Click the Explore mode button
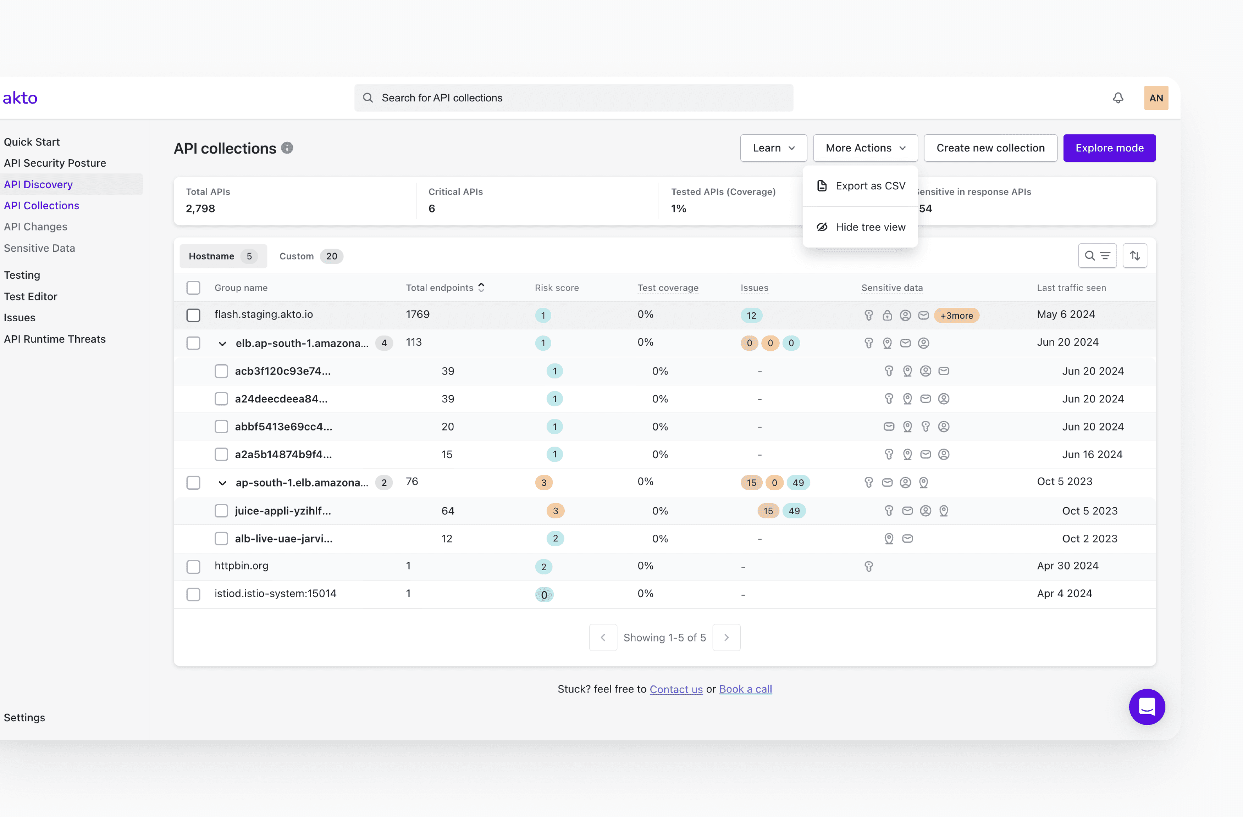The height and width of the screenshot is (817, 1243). pos(1109,148)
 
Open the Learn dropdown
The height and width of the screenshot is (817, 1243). pos(773,148)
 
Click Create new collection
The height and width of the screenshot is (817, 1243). pos(990,148)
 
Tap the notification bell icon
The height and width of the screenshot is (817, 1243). pos(1118,98)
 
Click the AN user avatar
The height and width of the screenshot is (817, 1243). pos(1155,98)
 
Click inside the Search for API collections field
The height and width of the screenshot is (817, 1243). pos(574,98)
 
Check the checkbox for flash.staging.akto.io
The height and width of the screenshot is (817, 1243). pos(193,315)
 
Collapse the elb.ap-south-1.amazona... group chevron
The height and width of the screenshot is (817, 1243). pos(222,344)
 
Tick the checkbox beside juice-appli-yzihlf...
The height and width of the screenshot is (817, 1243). pos(221,511)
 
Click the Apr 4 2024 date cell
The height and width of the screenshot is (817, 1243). pos(1064,594)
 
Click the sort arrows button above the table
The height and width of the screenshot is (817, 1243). pos(1134,256)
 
